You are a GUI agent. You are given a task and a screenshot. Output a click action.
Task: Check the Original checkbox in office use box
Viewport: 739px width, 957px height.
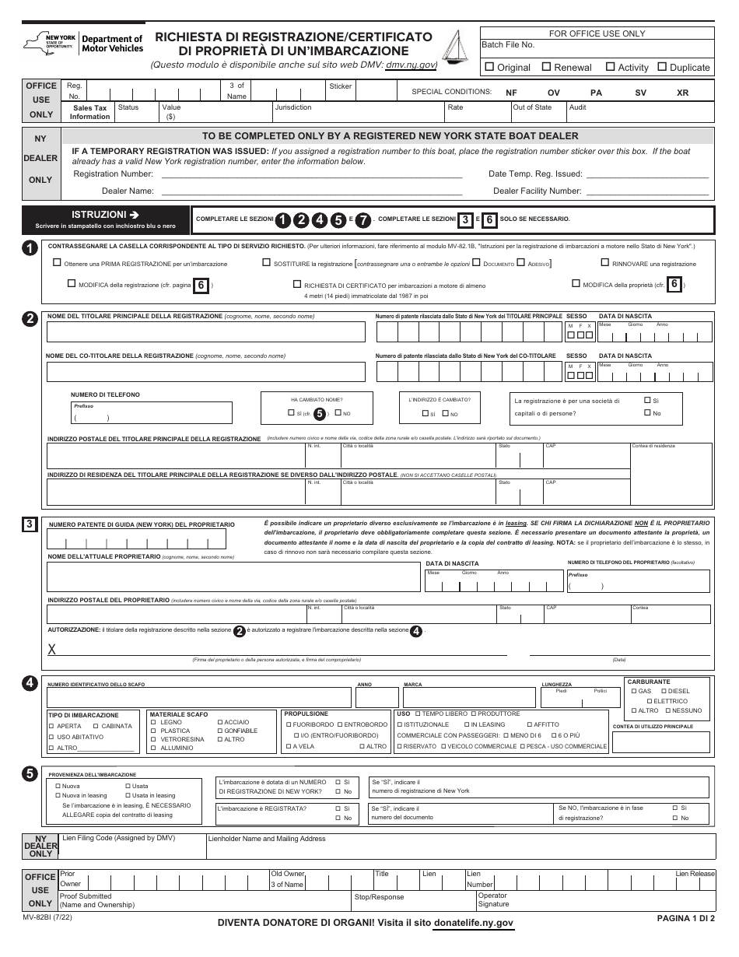tap(489, 67)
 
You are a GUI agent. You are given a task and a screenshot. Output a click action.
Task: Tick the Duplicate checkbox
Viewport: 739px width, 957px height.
tap(662, 67)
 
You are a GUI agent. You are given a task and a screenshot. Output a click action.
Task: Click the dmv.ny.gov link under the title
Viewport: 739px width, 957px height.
tap(411, 66)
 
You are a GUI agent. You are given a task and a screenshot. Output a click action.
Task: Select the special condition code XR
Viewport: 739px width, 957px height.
tap(682, 93)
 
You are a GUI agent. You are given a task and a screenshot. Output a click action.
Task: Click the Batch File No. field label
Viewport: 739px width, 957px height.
tap(508, 45)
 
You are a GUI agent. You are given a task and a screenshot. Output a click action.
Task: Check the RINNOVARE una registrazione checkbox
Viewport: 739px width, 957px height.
tap(605, 263)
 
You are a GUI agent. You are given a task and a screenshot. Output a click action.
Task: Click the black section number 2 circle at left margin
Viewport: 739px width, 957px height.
tap(30, 318)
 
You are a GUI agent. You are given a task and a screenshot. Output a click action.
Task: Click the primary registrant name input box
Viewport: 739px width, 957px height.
tap(205, 332)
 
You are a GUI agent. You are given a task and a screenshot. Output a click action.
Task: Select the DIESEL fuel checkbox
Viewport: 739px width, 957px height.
tap(664, 691)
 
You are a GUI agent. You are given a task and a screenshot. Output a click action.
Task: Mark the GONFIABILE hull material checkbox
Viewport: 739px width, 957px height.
tap(220, 731)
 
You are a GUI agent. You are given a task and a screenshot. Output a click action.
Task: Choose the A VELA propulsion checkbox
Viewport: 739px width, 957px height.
tap(288, 746)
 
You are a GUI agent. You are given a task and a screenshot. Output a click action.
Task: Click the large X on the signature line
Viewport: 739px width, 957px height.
tap(52, 650)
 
